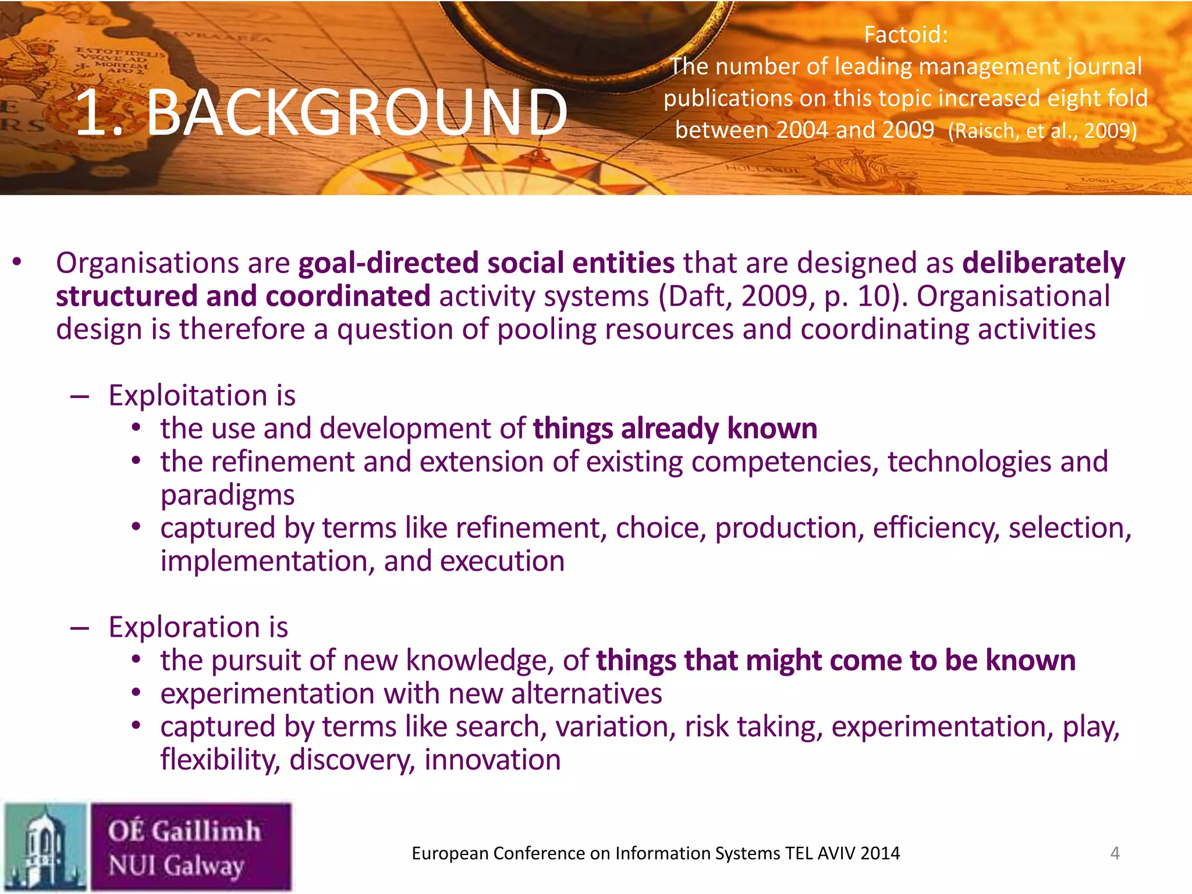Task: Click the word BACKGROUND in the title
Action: (356, 112)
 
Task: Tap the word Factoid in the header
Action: (905, 35)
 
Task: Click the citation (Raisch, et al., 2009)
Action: (1042, 130)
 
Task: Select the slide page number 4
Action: (1115, 853)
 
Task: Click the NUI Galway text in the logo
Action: (176, 865)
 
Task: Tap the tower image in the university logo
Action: (45, 847)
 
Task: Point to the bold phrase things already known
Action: (675, 428)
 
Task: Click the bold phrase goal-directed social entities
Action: (486, 262)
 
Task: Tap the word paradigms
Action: (228, 495)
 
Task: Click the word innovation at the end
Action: (492, 760)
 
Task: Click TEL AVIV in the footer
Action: (821, 853)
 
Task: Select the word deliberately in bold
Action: (1043, 262)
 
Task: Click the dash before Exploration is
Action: (79, 627)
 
